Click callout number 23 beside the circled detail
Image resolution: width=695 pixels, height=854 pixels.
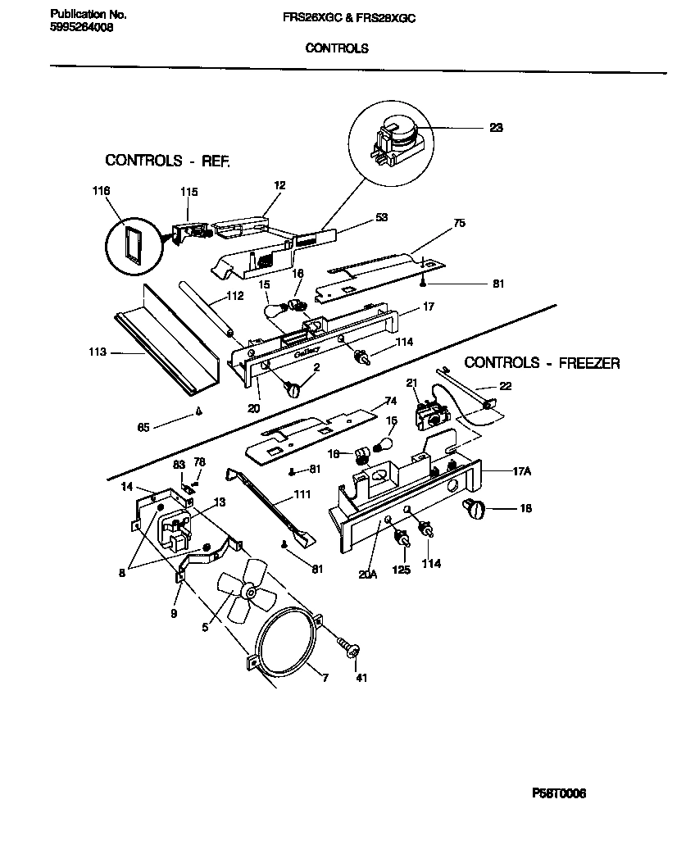496,127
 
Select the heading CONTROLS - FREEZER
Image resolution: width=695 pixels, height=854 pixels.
542,362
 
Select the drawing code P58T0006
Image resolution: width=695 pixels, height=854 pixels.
559,793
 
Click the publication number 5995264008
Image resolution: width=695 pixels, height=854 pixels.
82,26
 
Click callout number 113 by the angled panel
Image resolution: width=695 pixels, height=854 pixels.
98,352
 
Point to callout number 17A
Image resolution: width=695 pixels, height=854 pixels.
522,471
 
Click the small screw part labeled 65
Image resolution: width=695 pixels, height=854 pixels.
198,412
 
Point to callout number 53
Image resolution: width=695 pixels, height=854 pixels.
381,217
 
